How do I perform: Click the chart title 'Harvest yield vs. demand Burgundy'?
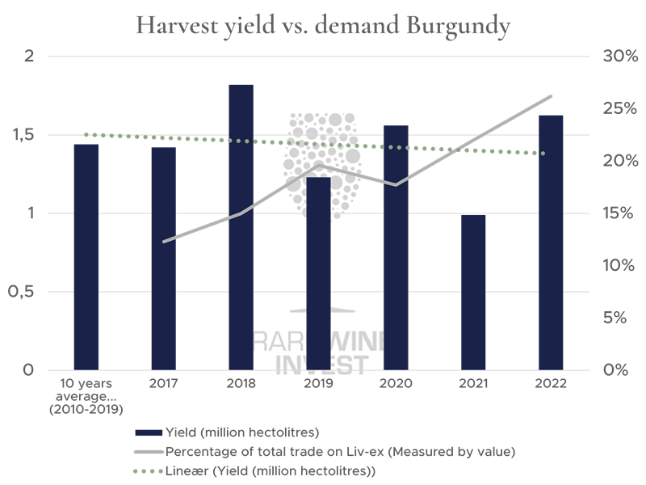click(x=323, y=26)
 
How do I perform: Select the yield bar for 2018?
click(x=241, y=226)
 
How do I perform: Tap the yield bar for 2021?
click(x=473, y=292)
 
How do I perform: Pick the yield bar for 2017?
click(x=163, y=258)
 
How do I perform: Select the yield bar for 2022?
click(x=551, y=242)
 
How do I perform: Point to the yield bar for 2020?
click(x=396, y=247)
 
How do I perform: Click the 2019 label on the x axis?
click(x=318, y=384)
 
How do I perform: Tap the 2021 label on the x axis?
click(x=473, y=384)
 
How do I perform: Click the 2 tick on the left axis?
click(x=29, y=57)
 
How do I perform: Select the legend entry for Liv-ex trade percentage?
click(x=339, y=450)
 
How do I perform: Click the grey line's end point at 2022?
click(x=552, y=96)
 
